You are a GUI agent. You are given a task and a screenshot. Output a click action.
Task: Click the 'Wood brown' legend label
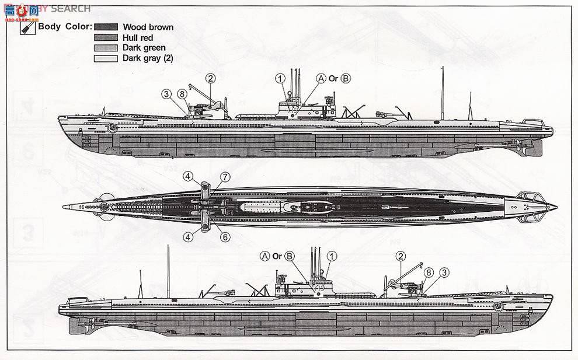[x=148, y=27]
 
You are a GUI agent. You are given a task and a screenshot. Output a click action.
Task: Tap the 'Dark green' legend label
[x=144, y=48]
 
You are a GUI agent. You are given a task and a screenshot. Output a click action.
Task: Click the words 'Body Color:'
[x=65, y=27]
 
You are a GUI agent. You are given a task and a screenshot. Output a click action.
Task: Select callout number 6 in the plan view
[x=225, y=236]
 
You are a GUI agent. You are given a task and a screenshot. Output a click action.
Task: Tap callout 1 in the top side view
[x=280, y=78]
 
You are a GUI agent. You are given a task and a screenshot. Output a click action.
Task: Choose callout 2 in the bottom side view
[x=400, y=256]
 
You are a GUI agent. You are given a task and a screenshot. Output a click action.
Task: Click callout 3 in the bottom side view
[x=444, y=271]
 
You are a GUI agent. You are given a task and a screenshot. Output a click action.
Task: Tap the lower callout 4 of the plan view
[x=188, y=236]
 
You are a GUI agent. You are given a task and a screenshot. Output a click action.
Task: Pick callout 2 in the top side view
[x=210, y=78]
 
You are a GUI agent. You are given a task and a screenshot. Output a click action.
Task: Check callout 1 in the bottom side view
[x=332, y=256]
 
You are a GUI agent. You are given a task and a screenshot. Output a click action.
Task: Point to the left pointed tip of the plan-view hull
[x=63, y=207]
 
